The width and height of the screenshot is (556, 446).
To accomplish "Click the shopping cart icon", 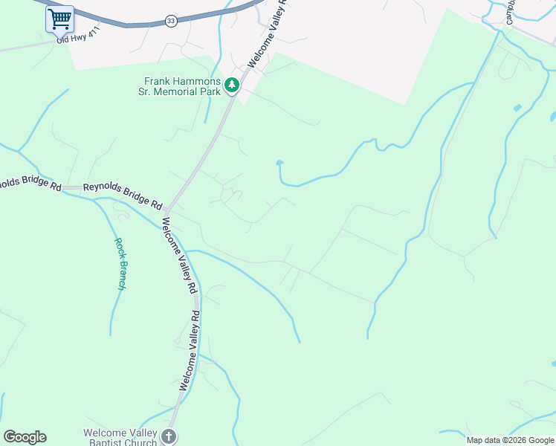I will (x=59, y=19).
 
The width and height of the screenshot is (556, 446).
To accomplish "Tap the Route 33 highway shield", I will (x=171, y=21).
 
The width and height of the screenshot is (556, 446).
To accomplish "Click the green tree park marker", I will (x=232, y=86).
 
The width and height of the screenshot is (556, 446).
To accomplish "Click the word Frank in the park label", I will (x=158, y=81).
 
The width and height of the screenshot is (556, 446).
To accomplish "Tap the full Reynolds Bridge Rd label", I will (x=123, y=195).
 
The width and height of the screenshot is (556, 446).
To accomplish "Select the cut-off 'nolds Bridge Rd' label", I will (x=30, y=184).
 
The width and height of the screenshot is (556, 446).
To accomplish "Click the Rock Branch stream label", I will (x=119, y=263).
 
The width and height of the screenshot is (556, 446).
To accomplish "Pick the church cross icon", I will (x=169, y=436).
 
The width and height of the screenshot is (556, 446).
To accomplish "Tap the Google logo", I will (x=25, y=437).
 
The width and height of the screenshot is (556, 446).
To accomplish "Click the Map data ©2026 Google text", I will (x=510, y=440).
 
